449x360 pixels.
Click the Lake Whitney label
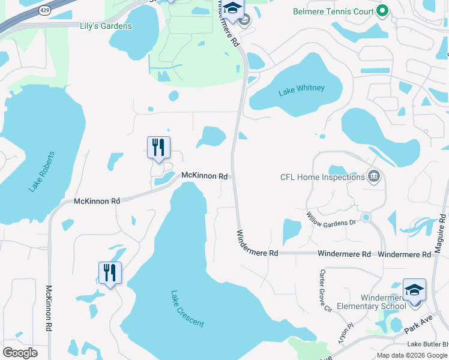[301, 89]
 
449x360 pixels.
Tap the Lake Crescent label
[187, 309]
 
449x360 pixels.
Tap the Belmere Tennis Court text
[332, 11]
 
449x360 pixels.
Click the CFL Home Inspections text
[322, 177]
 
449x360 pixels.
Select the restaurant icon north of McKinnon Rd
[158, 147]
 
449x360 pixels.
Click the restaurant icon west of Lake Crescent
[110, 272]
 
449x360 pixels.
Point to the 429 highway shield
[45, 10]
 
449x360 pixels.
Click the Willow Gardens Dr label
[331, 219]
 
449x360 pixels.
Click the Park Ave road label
[418, 327]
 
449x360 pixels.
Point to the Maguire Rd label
[441, 234]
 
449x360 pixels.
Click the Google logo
[20, 353]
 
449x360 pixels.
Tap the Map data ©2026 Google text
[412, 355]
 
